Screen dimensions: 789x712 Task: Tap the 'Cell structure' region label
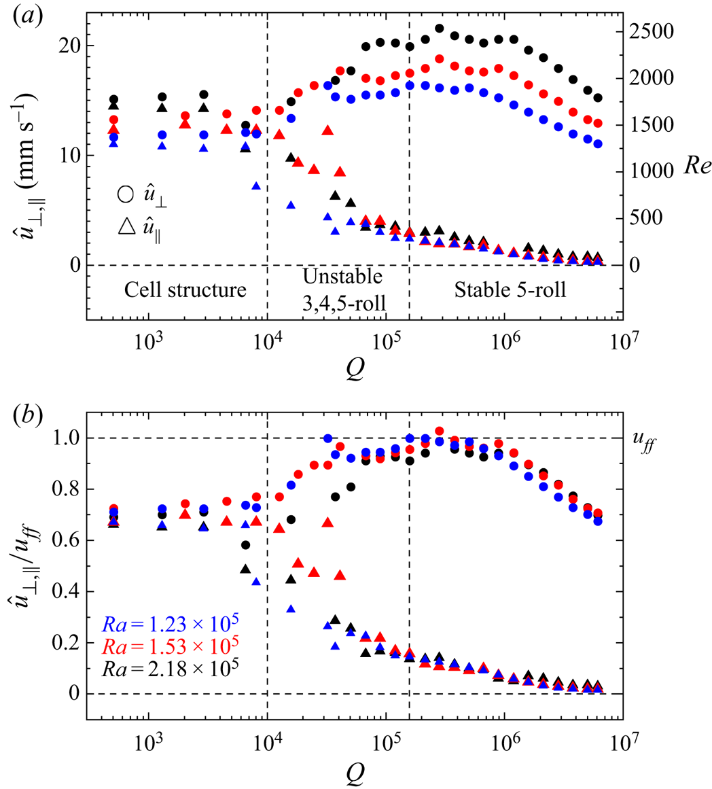tap(185, 292)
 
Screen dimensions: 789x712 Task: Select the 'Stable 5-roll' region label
tap(519, 292)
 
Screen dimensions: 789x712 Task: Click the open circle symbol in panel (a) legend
tap(124, 194)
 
